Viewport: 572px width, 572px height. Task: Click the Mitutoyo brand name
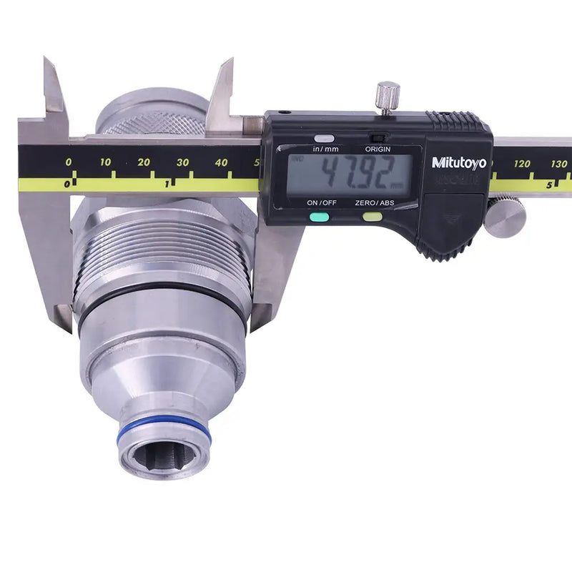[x=458, y=163]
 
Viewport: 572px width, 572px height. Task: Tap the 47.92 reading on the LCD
[x=350, y=173]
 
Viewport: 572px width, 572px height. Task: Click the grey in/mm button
[x=324, y=139]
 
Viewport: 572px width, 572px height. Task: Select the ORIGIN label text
[x=378, y=149]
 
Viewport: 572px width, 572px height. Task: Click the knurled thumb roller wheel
[x=505, y=216]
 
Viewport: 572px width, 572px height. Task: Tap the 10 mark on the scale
[x=105, y=163]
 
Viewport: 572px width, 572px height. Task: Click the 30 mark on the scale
[x=182, y=163]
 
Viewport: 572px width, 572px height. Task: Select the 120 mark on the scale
[x=522, y=164]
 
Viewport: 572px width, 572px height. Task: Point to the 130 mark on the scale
[x=560, y=164]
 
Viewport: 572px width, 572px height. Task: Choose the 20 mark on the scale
[x=144, y=163]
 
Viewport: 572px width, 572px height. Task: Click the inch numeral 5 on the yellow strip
[x=549, y=184]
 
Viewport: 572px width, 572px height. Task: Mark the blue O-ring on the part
[x=164, y=433]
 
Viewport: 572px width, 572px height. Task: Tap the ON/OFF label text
[x=322, y=203]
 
